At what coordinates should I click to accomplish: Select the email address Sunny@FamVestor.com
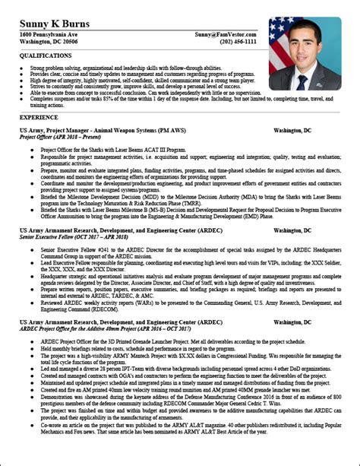pyautogui.click(x=225, y=35)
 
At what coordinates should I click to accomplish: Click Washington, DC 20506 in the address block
pyautogui.click(x=48, y=43)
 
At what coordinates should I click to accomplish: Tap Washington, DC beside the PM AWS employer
pyautogui.click(x=292, y=131)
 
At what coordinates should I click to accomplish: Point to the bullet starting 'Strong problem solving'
pyautogui.click(x=122, y=68)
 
